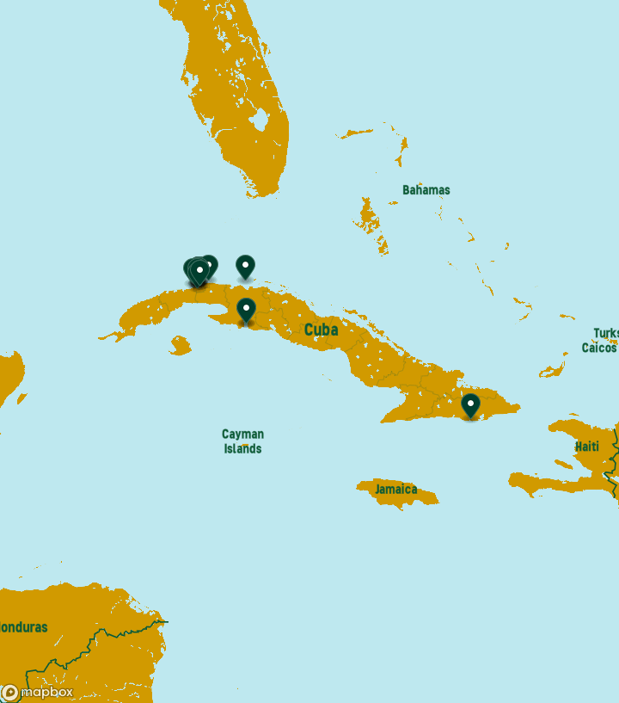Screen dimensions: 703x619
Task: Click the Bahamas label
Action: pyautogui.click(x=426, y=189)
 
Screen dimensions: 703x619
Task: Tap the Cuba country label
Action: pyautogui.click(x=321, y=330)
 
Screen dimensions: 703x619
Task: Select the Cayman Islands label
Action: pyautogui.click(x=242, y=441)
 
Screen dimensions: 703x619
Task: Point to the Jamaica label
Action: pyautogui.click(x=395, y=490)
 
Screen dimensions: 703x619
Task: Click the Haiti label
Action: pyautogui.click(x=587, y=447)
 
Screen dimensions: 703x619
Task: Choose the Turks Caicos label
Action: pyautogui.click(x=601, y=341)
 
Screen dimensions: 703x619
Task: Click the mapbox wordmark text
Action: pyautogui.click(x=46, y=692)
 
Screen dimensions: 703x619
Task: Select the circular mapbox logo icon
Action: pyautogui.click(x=9, y=693)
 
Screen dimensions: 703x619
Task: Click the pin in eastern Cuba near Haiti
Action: pyautogui.click(x=470, y=404)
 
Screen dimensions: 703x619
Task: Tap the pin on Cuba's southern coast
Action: pyautogui.click(x=246, y=309)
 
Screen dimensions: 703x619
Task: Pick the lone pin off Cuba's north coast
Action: pyautogui.click(x=245, y=266)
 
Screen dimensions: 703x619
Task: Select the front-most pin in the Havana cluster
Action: pyautogui.click(x=199, y=272)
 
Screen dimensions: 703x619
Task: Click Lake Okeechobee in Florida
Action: pyautogui.click(x=260, y=120)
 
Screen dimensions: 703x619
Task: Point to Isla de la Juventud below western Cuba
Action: pyautogui.click(x=180, y=346)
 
